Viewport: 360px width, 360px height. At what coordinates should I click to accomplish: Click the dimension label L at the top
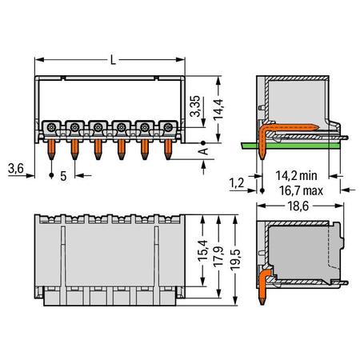click(x=113, y=60)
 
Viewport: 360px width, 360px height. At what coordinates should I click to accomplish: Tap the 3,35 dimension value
click(x=195, y=106)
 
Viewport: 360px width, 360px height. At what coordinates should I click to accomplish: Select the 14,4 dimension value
click(x=218, y=110)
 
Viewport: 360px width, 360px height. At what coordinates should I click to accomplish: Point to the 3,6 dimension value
click(x=16, y=168)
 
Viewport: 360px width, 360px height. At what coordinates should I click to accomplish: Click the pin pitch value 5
click(x=63, y=176)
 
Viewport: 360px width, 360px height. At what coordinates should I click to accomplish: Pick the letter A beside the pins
click(x=204, y=151)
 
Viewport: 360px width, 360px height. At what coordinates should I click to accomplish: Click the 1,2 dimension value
click(x=237, y=183)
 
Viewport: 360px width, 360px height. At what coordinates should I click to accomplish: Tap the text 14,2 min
click(x=296, y=176)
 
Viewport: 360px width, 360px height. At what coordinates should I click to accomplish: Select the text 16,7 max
click(x=301, y=190)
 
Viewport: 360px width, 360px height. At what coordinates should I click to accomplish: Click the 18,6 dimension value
click(x=298, y=206)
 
